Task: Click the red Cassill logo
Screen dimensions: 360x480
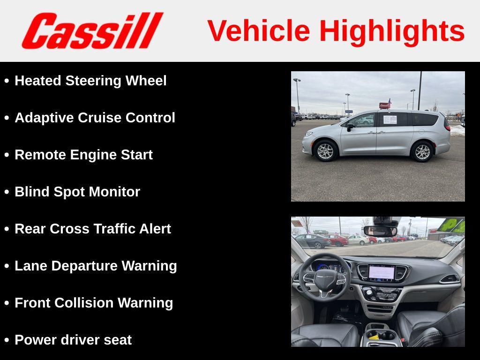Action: pos(92,31)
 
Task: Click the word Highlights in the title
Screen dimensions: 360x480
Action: pos(392,31)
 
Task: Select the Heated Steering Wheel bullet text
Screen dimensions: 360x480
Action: pos(90,81)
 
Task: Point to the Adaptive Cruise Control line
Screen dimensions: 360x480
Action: pos(95,118)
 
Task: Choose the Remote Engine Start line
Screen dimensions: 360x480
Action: pos(83,155)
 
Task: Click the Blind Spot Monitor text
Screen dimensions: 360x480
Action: pos(77,192)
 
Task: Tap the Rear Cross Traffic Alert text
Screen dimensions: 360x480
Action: pos(93,229)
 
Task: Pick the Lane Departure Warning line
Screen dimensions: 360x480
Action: pos(96,266)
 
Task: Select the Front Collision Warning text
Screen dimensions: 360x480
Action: pos(94,303)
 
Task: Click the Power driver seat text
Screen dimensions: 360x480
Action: pos(73,340)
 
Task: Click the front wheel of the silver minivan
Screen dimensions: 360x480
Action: pos(325,151)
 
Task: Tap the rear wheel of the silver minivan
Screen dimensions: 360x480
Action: pos(422,151)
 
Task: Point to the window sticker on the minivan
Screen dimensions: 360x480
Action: pos(390,120)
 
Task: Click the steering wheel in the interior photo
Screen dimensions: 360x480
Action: pos(325,278)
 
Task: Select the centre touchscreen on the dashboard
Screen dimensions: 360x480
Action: pos(382,272)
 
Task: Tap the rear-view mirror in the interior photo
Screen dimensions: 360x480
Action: pos(380,231)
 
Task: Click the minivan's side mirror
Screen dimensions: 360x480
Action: pos(350,127)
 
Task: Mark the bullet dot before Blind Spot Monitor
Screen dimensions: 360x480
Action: pos(7,192)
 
